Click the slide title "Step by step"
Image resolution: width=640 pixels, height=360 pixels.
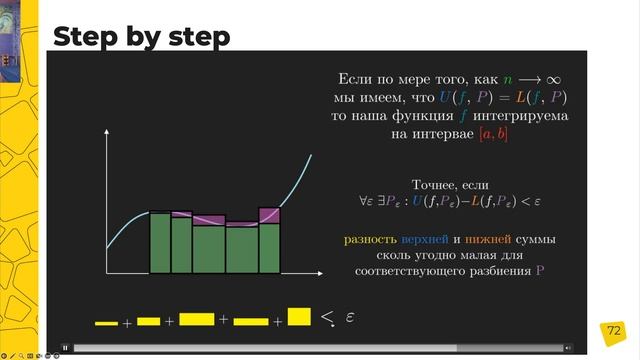point(141,37)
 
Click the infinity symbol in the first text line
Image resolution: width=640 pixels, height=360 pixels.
point(552,77)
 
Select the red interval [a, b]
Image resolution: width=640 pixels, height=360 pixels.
point(493,135)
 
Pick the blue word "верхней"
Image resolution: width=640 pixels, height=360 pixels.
point(424,240)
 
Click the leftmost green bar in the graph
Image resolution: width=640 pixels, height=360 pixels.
point(160,243)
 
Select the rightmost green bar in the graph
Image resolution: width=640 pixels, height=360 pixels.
point(270,248)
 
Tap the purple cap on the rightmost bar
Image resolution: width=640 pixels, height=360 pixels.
point(270,215)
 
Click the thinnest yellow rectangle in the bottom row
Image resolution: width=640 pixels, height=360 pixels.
point(106,323)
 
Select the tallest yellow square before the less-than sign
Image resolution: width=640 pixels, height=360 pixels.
point(299,317)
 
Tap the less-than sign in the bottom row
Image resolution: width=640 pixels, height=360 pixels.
point(328,318)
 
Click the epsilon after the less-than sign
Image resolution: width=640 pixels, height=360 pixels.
point(350,317)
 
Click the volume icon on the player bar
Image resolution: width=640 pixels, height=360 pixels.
point(568,348)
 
